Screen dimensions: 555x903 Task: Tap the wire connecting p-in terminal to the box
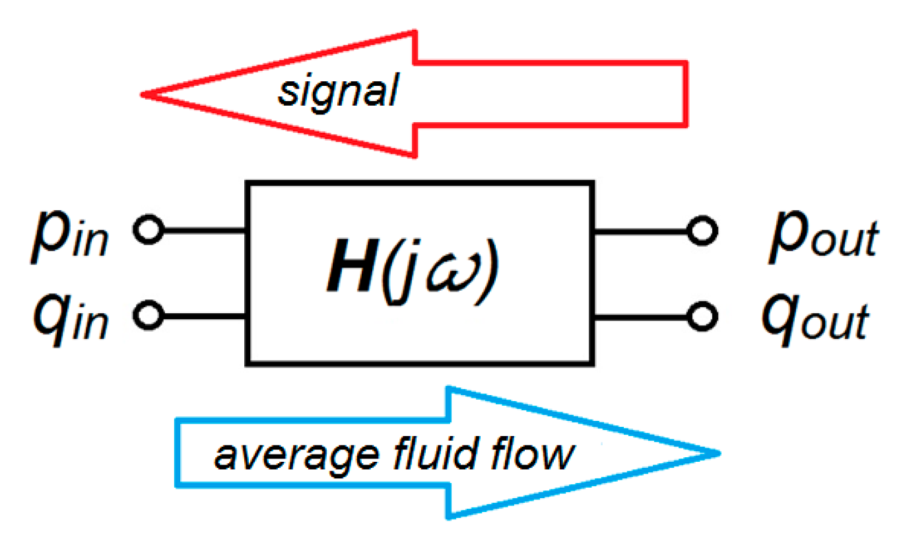tap(201, 231)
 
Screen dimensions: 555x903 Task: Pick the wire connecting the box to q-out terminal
tap(640, 315)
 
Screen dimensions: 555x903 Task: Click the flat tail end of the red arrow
tap(685, 92)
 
